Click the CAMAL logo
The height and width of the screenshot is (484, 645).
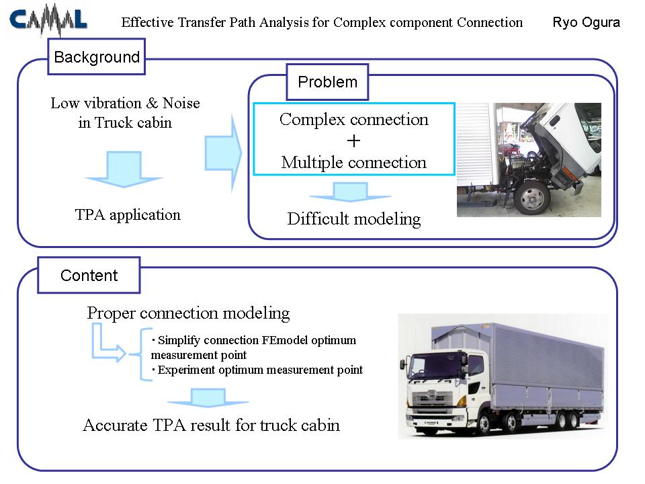48,19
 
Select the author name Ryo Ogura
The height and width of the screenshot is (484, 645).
586,22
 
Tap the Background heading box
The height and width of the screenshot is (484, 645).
97,56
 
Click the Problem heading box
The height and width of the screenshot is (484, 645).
327,82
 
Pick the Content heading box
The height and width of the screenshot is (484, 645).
89,275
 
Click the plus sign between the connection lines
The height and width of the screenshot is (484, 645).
353,141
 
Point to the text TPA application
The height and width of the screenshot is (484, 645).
128,215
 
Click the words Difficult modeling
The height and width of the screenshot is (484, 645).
354,219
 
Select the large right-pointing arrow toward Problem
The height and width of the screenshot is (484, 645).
223,153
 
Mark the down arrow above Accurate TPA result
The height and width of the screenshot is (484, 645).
208,398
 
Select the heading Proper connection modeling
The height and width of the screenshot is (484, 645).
188,313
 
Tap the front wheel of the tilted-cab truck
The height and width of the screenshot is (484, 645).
532,199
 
